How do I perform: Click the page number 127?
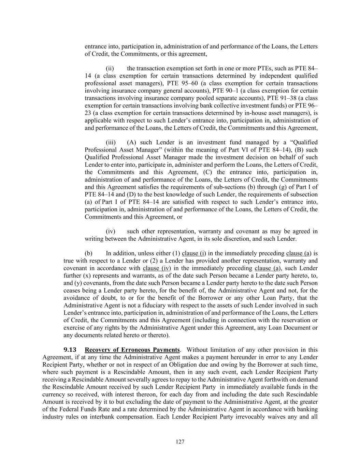point(180,442)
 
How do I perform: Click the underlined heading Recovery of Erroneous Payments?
point(132,350)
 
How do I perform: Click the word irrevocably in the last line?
point(252,417)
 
